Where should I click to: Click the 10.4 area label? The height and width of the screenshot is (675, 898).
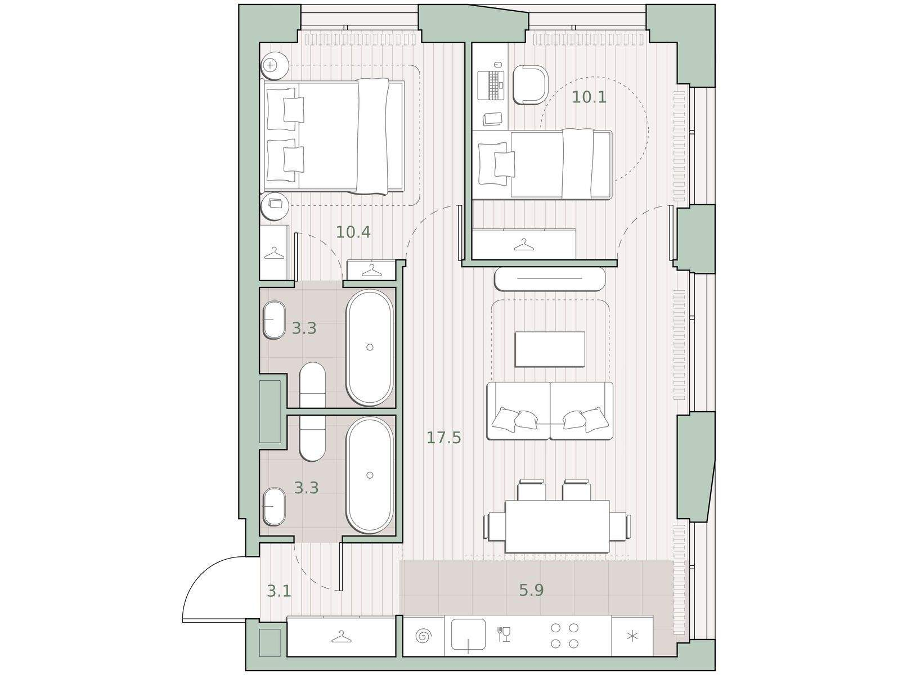353,232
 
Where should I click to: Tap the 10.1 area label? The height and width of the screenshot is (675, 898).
589,97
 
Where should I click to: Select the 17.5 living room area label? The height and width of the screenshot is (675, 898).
444,438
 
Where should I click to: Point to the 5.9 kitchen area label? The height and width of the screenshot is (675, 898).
532,590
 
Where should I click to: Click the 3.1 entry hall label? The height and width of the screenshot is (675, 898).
280,591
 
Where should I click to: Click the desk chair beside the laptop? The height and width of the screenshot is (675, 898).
530,85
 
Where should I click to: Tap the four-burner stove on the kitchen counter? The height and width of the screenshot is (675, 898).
564,636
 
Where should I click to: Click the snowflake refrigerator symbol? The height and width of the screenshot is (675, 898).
632,636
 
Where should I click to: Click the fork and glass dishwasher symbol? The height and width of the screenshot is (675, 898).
504,634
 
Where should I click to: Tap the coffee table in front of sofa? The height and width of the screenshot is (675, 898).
550,349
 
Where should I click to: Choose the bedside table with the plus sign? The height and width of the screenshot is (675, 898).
275,66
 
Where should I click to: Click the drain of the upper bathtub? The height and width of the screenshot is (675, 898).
370,347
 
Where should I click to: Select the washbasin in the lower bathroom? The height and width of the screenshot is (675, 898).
273,507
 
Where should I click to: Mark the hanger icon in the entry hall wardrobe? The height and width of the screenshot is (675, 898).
341,637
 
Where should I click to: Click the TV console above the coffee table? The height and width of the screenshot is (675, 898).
550,279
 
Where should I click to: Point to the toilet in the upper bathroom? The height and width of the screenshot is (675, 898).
313,386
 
